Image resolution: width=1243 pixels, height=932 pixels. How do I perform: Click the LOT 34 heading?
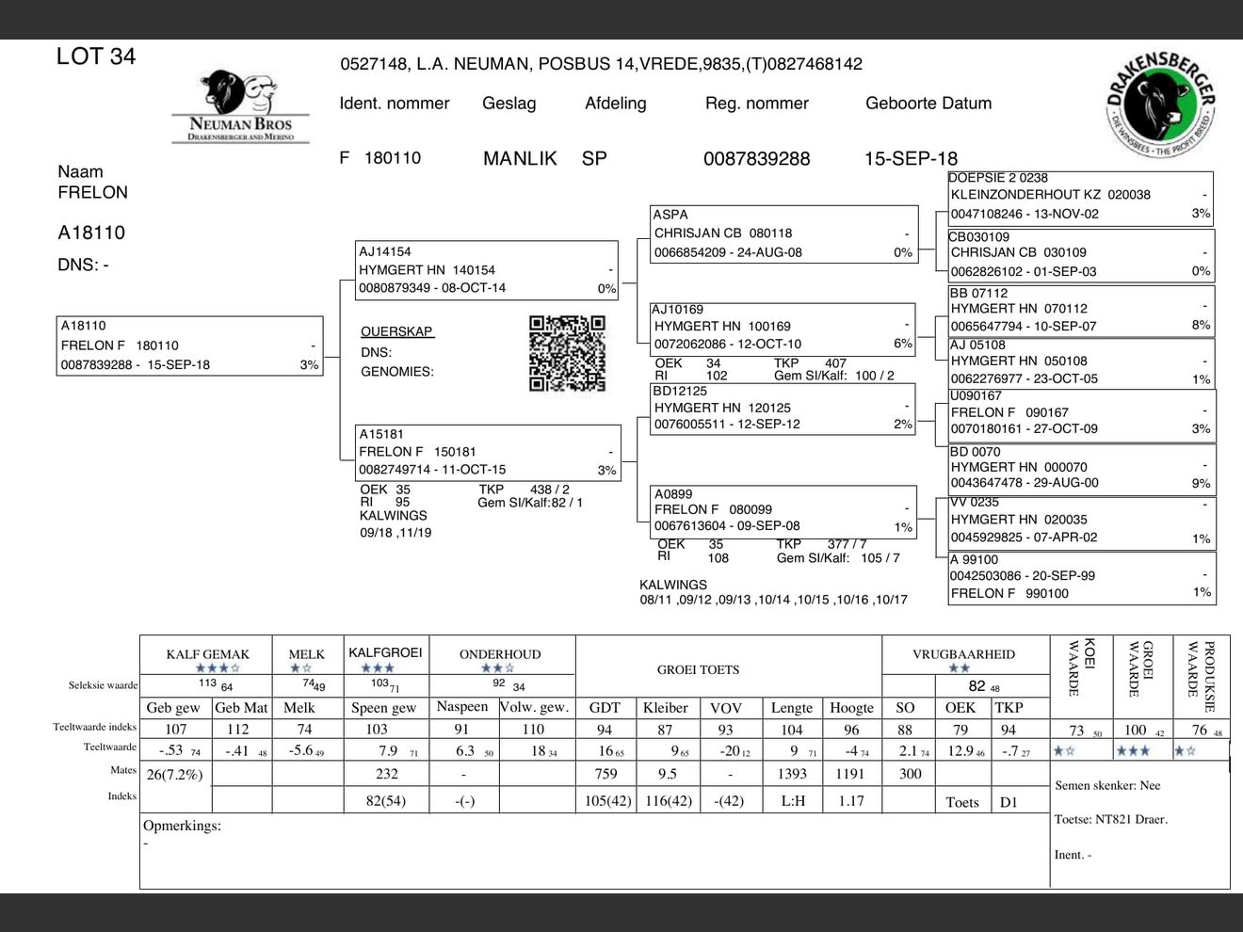coord(96,56)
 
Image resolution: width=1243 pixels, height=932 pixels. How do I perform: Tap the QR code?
coord(567,353)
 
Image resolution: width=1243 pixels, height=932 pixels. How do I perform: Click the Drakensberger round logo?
coord(1160,104)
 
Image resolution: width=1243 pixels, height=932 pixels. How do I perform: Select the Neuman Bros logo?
coord(240,108)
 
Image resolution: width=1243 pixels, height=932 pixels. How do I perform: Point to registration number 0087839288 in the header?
coord(756,159)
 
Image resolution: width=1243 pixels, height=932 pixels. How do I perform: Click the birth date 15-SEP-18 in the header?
coord(911,159)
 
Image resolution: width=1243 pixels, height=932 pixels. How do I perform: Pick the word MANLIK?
coord(520,159)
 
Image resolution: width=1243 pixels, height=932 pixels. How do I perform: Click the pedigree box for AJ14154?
coord(487,270)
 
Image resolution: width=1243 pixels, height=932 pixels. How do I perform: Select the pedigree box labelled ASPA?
coord(783,233)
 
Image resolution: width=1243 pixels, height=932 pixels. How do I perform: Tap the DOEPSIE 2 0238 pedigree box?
coord(1080,196)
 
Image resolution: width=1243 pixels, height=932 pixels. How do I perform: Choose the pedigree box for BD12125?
coord(783,408)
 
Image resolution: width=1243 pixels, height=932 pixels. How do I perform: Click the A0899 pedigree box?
coord(783,510)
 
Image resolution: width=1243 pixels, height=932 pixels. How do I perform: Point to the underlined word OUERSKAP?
coord(396,331)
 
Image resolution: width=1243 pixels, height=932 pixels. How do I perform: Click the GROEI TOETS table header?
coord(698,670)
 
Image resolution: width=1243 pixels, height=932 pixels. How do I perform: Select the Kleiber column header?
coord(666,708)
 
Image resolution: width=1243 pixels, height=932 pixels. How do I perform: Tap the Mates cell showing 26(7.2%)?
coord(175,774)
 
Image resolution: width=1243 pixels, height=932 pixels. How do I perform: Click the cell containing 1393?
coord(791,774)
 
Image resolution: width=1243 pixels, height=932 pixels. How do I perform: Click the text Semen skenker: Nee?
coord(1107,785)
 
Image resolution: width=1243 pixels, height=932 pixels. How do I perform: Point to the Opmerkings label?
coord(182,826)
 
